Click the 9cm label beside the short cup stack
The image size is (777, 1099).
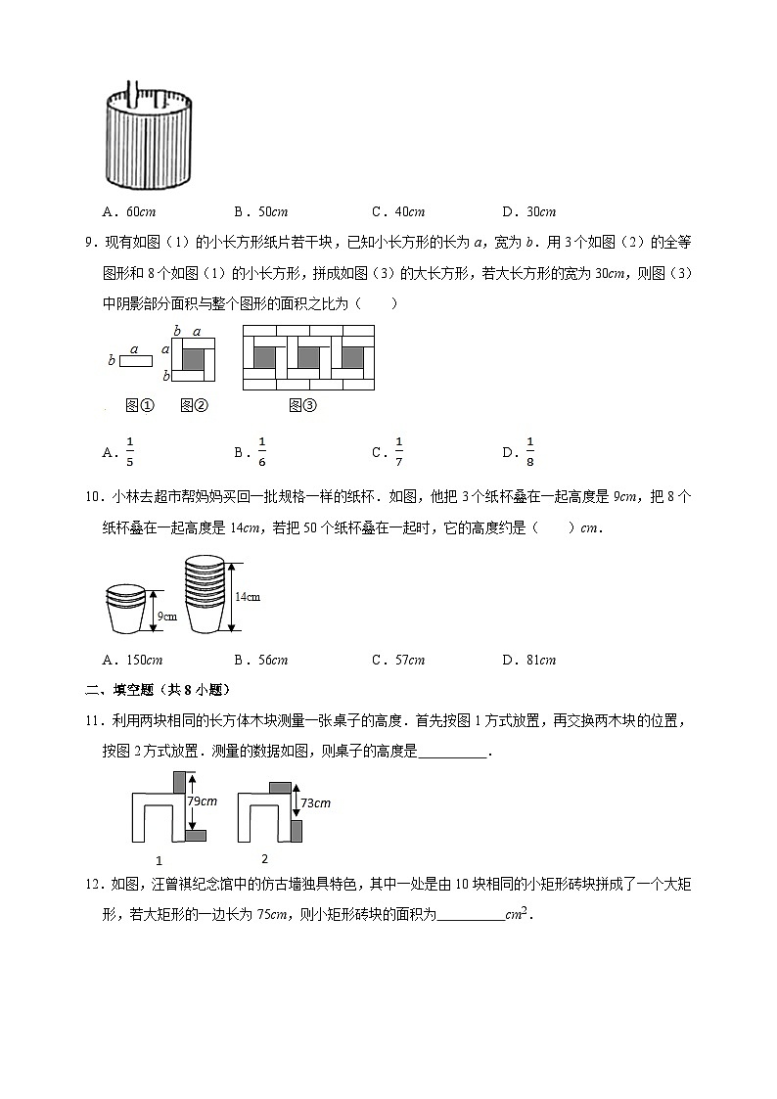point(166,616)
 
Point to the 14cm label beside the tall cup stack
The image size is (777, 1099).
point(247,596)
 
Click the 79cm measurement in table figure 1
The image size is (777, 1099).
point(202,801)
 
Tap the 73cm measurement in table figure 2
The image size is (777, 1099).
point(315,802)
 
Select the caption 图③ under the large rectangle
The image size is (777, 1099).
point(303,405)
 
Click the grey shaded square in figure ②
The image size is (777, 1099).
point(194,358)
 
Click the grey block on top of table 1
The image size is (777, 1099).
point(180,782)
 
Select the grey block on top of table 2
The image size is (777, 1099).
point(280,787)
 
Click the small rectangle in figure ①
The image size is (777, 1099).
point(136,361)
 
